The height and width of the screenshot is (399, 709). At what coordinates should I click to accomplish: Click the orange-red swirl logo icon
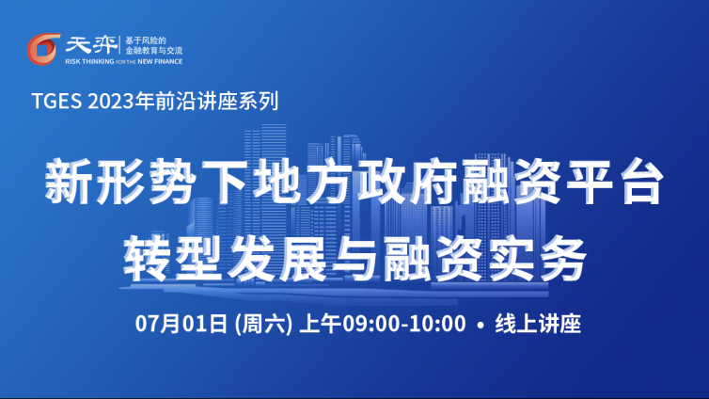[x=43, y=49]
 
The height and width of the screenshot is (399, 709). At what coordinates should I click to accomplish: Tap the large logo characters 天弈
[x=91, y=45]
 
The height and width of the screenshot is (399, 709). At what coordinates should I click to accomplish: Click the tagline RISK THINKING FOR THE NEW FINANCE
[x=124, y=61]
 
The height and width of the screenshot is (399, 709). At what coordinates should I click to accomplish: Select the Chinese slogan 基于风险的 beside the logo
[x=146, y=40]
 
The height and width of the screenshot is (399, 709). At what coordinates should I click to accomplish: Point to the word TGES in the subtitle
[x=57, y=101]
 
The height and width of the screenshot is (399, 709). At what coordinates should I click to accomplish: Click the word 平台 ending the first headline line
[x=613, y=181]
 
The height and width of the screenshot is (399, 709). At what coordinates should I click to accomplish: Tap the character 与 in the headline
[x=354, y=260]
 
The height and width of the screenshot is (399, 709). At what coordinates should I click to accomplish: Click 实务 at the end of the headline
[x=537, y=260]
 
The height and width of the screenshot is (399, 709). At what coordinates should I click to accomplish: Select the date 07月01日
[x=181, y=324]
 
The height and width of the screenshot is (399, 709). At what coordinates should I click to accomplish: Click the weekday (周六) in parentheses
[x=263, y=324]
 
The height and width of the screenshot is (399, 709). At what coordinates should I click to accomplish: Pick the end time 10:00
[x=437, y=324]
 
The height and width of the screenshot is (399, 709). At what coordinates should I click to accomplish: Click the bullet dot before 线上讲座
[x=481, y=325]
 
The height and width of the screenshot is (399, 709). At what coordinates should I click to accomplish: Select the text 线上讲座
[x=538, y=324]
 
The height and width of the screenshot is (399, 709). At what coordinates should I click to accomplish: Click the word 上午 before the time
[x=320, y=324]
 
